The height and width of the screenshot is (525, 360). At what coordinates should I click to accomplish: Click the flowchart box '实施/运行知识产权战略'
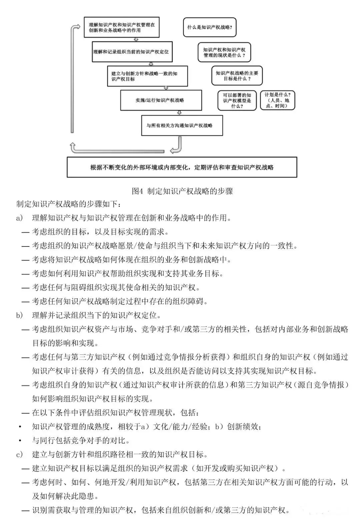(161, 100)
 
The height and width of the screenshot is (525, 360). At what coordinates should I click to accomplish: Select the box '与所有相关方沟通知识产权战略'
(182, 125)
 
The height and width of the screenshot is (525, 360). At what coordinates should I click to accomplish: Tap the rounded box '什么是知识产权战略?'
(209, 27)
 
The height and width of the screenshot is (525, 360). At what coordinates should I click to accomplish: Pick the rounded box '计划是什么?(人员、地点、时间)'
(277, 100)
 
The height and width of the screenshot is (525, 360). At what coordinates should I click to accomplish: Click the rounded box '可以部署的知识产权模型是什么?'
(237, 100)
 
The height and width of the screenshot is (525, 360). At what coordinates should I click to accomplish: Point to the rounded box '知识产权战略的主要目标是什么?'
(237, 76)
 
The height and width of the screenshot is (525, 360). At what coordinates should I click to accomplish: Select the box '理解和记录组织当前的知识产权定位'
(132, 52)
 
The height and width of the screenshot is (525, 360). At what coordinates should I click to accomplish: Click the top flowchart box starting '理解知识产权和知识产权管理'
(121, 27)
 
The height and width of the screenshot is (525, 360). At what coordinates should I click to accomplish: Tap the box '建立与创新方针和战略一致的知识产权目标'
(147, 76)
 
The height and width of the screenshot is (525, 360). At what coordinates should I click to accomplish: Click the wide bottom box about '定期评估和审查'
(182, 167)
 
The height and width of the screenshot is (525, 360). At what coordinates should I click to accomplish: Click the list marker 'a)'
(20, 218)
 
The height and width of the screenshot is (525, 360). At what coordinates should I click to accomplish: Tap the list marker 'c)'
(20, 455)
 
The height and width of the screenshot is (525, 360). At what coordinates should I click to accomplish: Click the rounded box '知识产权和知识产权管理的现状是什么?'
(224, 52)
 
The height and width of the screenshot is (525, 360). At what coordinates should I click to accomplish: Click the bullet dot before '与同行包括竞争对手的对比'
(20, 441)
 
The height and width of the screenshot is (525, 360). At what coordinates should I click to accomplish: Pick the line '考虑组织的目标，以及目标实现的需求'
(100, 232)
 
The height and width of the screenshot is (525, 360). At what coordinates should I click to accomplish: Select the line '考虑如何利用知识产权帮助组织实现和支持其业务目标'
(127, 274)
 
